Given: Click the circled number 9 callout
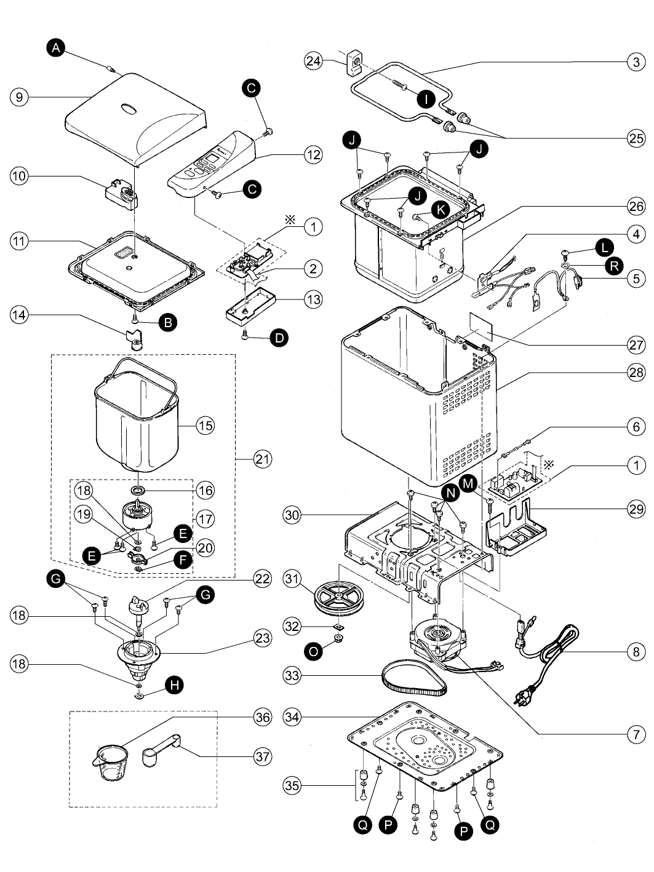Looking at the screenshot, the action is click(x=19, y=97).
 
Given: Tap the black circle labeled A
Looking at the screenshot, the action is click(x=56, y=48).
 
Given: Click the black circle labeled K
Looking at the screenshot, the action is click(x=441, y=210).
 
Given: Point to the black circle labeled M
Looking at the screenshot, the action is click(x=469, y=484).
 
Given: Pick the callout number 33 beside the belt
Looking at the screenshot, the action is click(x=292, y=675).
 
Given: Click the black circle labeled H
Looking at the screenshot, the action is click(x=174, y=684).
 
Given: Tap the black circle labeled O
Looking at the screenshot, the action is click(x=313, y=652).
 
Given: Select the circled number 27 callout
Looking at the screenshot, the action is click(x=636, y=344).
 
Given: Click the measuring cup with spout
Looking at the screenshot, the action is click(x=111, y=763).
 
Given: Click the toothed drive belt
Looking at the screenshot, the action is click(x=414, y=675).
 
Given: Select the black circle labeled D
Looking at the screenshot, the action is click(x=279, y=338).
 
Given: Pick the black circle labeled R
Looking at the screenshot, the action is click(x=614, y=266).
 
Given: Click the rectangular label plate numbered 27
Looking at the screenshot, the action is click(x=481, y=326).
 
